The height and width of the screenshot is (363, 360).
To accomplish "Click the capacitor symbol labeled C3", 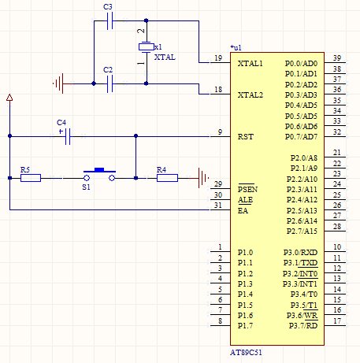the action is (x=110, y=20).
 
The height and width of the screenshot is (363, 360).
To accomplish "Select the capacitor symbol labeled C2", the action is (x=110, y=83).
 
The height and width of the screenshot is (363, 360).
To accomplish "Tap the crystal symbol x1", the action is (x=147, y=47).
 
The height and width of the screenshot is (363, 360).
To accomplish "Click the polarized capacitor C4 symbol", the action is (x=68, y=136).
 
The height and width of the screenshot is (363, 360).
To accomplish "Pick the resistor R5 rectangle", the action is (x=31, y=178).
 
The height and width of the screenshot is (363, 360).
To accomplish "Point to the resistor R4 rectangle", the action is (x=167, y=178).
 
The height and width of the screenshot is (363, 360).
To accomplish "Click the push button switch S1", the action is (x=99, y=175).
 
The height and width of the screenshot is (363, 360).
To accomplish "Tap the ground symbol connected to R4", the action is (x=202, y=178).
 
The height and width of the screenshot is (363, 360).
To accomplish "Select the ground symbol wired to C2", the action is (x=59, y=83).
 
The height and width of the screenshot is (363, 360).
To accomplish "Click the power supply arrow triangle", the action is (x=9, y=97).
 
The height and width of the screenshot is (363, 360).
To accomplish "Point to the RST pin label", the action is (x=246, y=137).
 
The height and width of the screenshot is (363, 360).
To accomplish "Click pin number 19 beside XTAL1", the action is (x=218, y=57).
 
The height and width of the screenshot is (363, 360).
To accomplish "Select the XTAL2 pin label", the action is (x=251, y=94).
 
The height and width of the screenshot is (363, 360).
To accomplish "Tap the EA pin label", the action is (x=243, y=210).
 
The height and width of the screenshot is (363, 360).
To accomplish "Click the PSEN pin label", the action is (x=247, y=189).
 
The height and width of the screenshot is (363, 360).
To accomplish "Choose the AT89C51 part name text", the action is (x=246, y=352).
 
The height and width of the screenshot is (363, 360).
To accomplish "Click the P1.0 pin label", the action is (x=245, y=252).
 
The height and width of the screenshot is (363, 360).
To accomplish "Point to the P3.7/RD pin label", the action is (x=303, y=326).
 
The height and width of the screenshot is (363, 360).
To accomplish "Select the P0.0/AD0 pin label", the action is (x=302, y=63).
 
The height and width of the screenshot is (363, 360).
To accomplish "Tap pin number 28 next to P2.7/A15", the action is (x=337, y=226).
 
